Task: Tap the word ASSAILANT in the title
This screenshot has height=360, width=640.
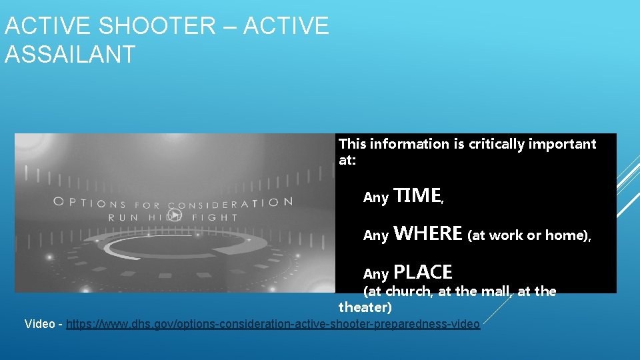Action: coord(70,54)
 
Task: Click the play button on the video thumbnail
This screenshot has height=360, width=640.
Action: coord(174,215)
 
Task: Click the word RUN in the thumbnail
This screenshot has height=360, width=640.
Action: coord(124,217)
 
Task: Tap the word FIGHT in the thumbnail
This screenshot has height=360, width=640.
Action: coord(215,217)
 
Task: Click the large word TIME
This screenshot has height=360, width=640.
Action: coord(417,195)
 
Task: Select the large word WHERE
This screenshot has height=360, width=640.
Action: coord(428,233)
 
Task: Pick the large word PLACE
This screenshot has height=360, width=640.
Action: coord(423,272)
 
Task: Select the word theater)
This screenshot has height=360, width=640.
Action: coord(365,307)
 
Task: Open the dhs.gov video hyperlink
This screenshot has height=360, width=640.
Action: coord(273,324)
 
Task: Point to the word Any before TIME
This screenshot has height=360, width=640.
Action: coord(376,197)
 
